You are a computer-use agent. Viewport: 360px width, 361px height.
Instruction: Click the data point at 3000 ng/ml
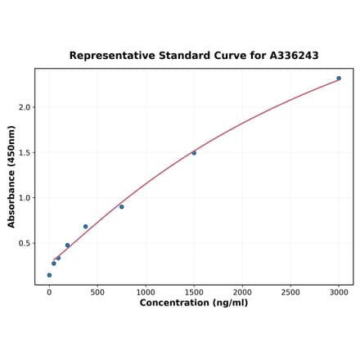click(339, 79)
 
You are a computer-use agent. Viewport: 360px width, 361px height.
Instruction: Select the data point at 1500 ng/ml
click(194, 153)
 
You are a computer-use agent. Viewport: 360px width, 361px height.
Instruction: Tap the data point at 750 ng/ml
click(122, 206)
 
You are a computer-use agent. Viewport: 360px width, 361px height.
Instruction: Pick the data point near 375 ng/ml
click(85, 227)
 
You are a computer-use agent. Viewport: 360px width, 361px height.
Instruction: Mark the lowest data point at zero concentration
click(49, 275)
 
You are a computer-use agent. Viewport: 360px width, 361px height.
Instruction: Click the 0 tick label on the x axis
click(49, 292)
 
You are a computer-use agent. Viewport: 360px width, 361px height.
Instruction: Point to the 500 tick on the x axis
click(97, 292)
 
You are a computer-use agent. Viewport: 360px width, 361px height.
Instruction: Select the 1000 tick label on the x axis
click(146, 292)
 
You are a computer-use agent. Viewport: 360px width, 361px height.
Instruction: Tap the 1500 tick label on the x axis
click(194, 292)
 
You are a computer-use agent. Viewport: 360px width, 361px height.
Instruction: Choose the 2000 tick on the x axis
click(242, 292)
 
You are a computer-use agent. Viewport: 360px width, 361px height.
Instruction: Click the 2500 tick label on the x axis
click(290, 292)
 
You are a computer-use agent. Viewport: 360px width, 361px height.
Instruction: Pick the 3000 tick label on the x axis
click(339, 292)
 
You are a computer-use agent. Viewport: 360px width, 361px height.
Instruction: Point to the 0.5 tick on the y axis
click(24, 243)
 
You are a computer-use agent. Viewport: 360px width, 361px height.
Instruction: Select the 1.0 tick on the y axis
click(24, 198)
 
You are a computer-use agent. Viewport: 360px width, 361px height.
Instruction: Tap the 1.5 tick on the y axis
click(24, 152)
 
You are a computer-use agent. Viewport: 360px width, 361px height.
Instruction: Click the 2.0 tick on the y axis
click(24, 107)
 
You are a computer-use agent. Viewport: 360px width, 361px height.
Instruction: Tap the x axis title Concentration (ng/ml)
click(194, 303)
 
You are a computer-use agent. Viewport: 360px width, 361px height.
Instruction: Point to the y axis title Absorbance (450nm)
click(11, 176)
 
